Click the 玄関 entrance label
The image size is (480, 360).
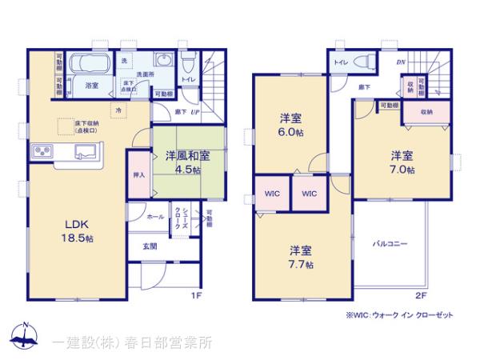[150, 246]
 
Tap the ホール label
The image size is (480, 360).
[154, 217]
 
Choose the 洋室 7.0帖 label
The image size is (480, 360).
[402, 162]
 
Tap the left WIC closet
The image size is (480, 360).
[270, 194]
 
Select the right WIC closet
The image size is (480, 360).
[309, 194]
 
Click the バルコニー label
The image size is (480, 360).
[390, 242]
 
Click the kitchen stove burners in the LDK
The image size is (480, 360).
[42, 150]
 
